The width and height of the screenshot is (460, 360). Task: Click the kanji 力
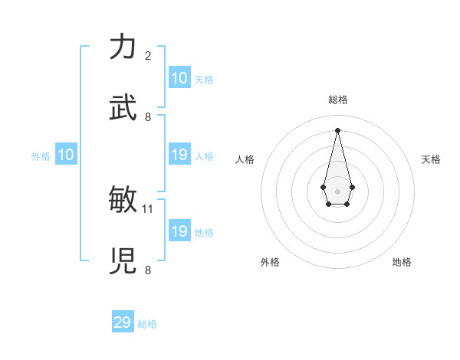pos(123,47)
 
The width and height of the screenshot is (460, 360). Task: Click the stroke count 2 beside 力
pos(148,56)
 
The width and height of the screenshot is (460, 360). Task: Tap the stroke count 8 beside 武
pos(148,116)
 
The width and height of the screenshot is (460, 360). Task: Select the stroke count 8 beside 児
pos(148,270)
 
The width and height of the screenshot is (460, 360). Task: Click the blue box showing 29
pos(123,322)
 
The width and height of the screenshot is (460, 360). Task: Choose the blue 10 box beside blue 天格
pos(179,78)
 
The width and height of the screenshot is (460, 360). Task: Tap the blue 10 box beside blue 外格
pos(66,155)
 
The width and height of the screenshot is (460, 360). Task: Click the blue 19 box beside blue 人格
pos(179,155)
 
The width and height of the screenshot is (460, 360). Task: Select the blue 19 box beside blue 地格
pos(179,231)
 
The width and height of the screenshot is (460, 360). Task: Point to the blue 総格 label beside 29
pos(147,324)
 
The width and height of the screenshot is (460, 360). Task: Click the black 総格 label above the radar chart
pos(338,100)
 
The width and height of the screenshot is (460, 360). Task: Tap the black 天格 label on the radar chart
pos(432,159)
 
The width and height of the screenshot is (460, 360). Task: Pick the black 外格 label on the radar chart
pos(270,262)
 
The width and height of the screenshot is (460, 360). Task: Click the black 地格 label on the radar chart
pos(402,262)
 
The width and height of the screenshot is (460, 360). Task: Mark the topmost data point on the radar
pos(338,129)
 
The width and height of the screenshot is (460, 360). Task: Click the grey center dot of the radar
pos(338,190)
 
